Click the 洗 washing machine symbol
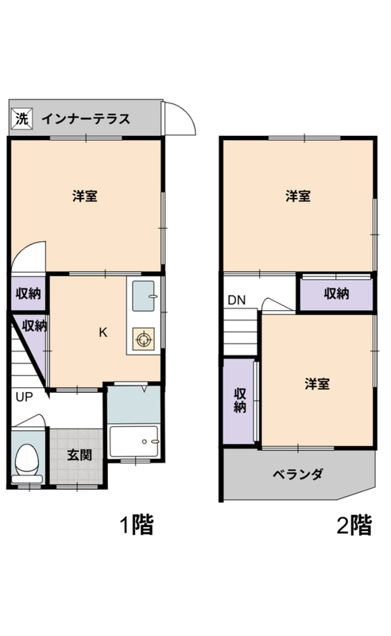[21, 118]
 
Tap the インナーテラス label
[86, 118]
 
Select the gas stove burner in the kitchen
[143, 339]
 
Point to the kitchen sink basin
[144, 296]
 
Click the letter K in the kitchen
[103, 332]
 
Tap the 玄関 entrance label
[79, 455]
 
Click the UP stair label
[24, 397]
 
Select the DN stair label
[237, 301]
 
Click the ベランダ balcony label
[298, 474]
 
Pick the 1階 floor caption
[137, 525]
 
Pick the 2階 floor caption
[354, 525]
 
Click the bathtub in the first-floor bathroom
[134, 441]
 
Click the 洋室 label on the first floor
[85, 196]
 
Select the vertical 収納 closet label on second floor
[240, 401]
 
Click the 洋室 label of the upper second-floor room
[298, 196]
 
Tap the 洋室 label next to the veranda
[317, 384]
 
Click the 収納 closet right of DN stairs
[336, 293]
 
